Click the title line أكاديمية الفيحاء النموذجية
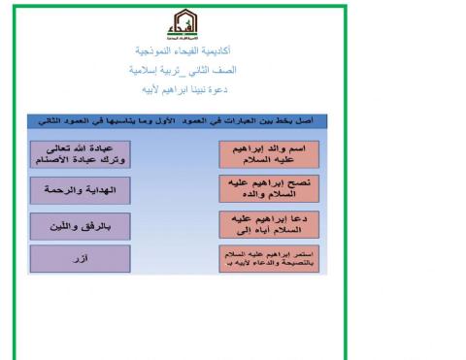181,49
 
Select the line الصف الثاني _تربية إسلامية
181,70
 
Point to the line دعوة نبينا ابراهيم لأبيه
181,90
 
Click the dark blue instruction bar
178,123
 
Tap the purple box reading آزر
80,260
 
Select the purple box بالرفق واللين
80,225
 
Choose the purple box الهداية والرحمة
80,190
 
